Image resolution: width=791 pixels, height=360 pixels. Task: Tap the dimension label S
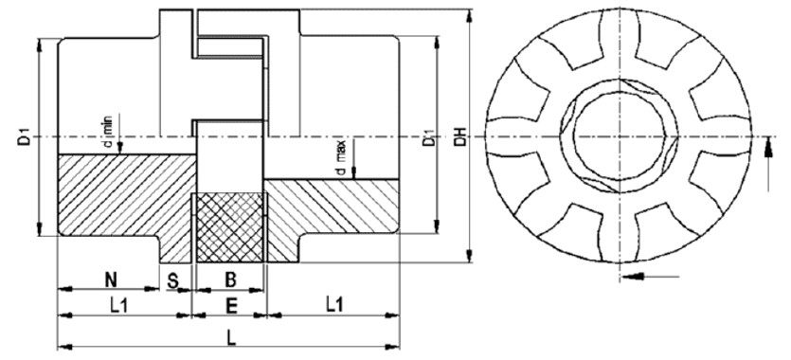(x=173, y=280)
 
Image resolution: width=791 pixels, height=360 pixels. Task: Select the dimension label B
(x=230, y=279)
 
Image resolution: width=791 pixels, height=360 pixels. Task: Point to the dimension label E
(x=231, y=306)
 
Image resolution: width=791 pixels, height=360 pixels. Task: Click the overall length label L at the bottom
(x=231, y=338)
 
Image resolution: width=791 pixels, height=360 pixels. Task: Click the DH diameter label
(x=460, y=136)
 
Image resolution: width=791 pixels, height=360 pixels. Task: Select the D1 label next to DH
(x=429, y=137)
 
